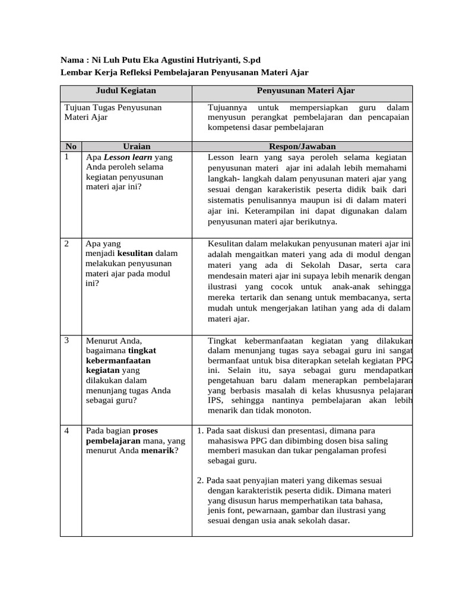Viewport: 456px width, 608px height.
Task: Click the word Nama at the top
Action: (x=72, y=61)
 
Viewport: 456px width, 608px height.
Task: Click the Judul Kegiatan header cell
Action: (x=126, y=91)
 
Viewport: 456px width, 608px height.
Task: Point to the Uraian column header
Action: (x=137, y=146)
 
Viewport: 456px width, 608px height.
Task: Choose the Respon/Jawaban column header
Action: (x=302, y=146)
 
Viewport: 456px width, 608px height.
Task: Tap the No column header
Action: (x=71, y=146)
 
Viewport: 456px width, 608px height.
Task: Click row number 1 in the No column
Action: (x=67, y=157)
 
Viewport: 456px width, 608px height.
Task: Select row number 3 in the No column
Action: (x=67, y=340)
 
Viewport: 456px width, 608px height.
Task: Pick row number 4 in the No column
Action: (x=67, y=430)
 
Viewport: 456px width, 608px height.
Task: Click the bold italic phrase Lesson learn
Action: (x=128, y=157)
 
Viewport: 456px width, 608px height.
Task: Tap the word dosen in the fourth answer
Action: (x=309, y=441)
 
